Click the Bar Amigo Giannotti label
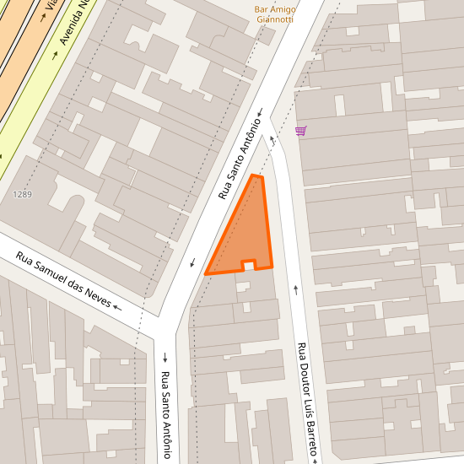274,14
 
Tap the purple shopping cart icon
301,131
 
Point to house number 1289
23,195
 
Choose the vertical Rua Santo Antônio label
166,414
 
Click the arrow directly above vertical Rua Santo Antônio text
165,356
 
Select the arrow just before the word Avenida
55,56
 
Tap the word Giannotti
275,19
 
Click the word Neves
100,300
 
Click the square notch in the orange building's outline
249,265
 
